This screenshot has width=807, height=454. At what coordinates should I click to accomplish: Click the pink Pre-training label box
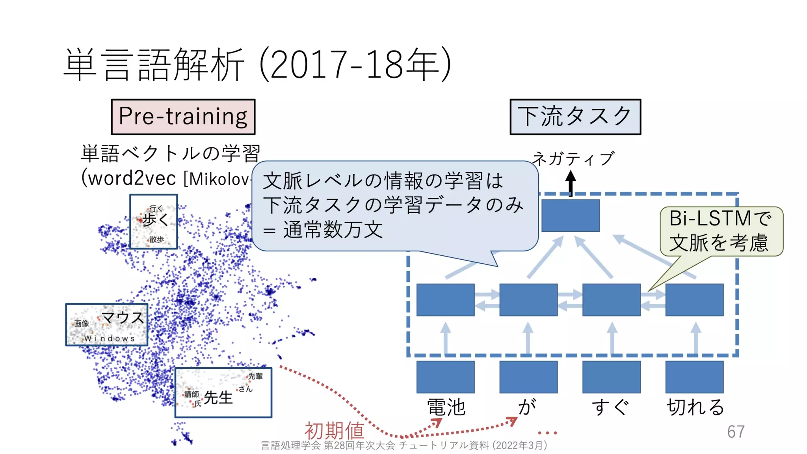pos(183,117)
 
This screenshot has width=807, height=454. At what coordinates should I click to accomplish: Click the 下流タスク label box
pos(575,117)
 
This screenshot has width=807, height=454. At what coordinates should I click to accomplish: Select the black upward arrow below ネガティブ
pos(571,182)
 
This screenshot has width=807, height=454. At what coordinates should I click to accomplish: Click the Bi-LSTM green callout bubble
pos(721,231)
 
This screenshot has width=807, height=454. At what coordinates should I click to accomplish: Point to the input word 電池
pos(446,407)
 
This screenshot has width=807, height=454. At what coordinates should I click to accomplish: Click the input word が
pos(528,407)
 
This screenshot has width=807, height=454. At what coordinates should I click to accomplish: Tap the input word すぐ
pos(611,407)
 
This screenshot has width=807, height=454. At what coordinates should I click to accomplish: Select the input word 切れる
pos(695,407)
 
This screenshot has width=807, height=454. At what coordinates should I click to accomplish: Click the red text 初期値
pos(334,430)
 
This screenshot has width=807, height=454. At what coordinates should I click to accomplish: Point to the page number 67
pos(736,432)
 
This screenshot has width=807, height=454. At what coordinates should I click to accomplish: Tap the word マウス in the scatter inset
pos(123,318)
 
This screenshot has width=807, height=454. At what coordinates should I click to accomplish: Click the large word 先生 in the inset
pos(218,397)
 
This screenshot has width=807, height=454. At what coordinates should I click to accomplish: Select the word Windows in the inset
pos(110,339)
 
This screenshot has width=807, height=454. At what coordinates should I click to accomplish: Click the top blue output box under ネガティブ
pos(571,216)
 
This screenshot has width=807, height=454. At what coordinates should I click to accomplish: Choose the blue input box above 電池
pos(446,377)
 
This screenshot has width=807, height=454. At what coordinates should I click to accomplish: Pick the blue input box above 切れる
pos(694,377)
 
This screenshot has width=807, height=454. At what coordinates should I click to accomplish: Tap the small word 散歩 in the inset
pos(157,239)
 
